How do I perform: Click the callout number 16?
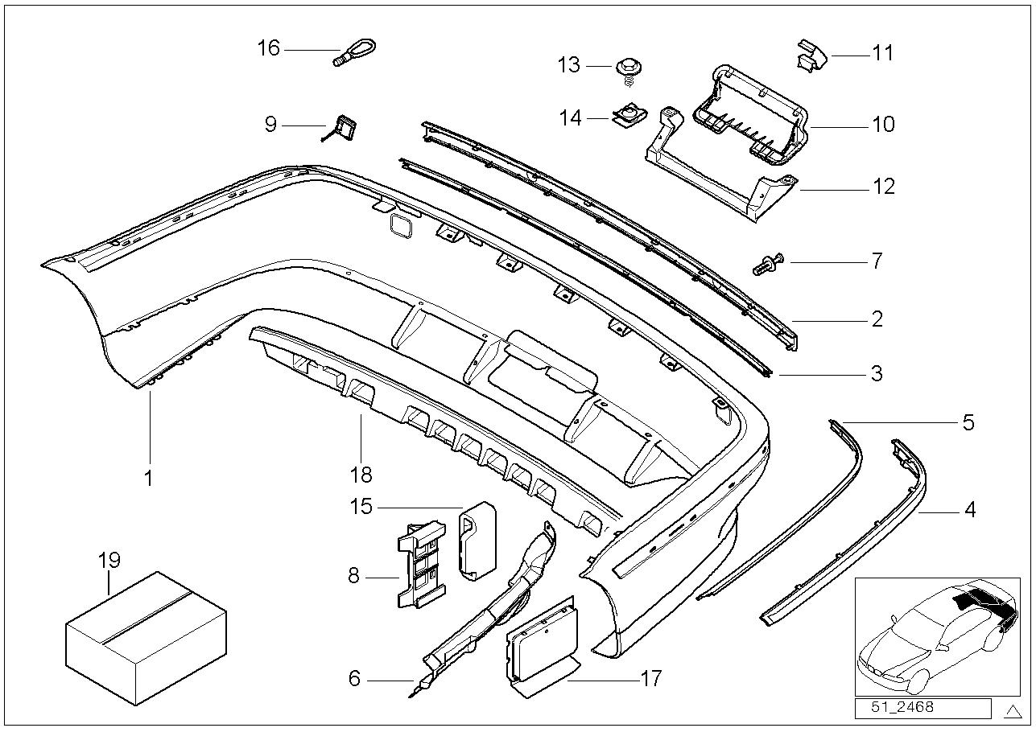[268, 48]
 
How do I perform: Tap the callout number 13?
[568, 64]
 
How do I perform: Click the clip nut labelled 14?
[625, 117]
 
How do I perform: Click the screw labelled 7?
[769, 263]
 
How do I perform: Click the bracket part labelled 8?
[421, 562]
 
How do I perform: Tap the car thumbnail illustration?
[935, 635]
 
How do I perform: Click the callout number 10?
[882, 124]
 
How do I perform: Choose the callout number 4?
[969, 509]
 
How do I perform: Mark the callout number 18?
[361, 475]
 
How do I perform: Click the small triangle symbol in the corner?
[1012, 709]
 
